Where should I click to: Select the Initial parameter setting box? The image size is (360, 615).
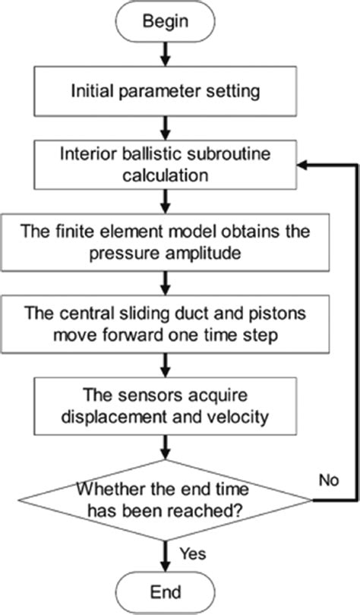(163, 93)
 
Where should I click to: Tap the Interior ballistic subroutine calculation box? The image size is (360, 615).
(163, 163)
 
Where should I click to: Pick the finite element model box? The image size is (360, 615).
(163, 240)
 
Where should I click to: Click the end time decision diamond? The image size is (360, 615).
(163, 500)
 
